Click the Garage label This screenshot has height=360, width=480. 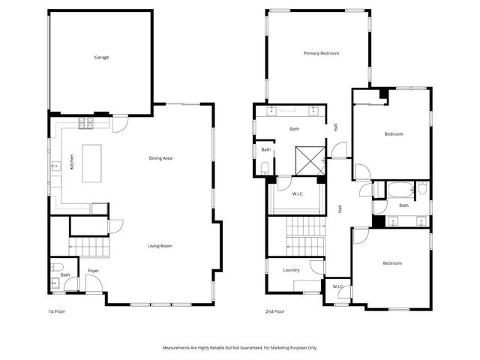101,57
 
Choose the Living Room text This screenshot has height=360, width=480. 160,246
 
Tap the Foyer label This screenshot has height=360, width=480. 93,270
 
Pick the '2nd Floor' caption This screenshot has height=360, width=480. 274,311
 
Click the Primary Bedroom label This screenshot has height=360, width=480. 321,53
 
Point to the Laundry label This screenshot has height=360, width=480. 292,270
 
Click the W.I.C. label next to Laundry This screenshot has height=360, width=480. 337,286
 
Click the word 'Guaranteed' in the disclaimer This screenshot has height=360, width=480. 255,348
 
